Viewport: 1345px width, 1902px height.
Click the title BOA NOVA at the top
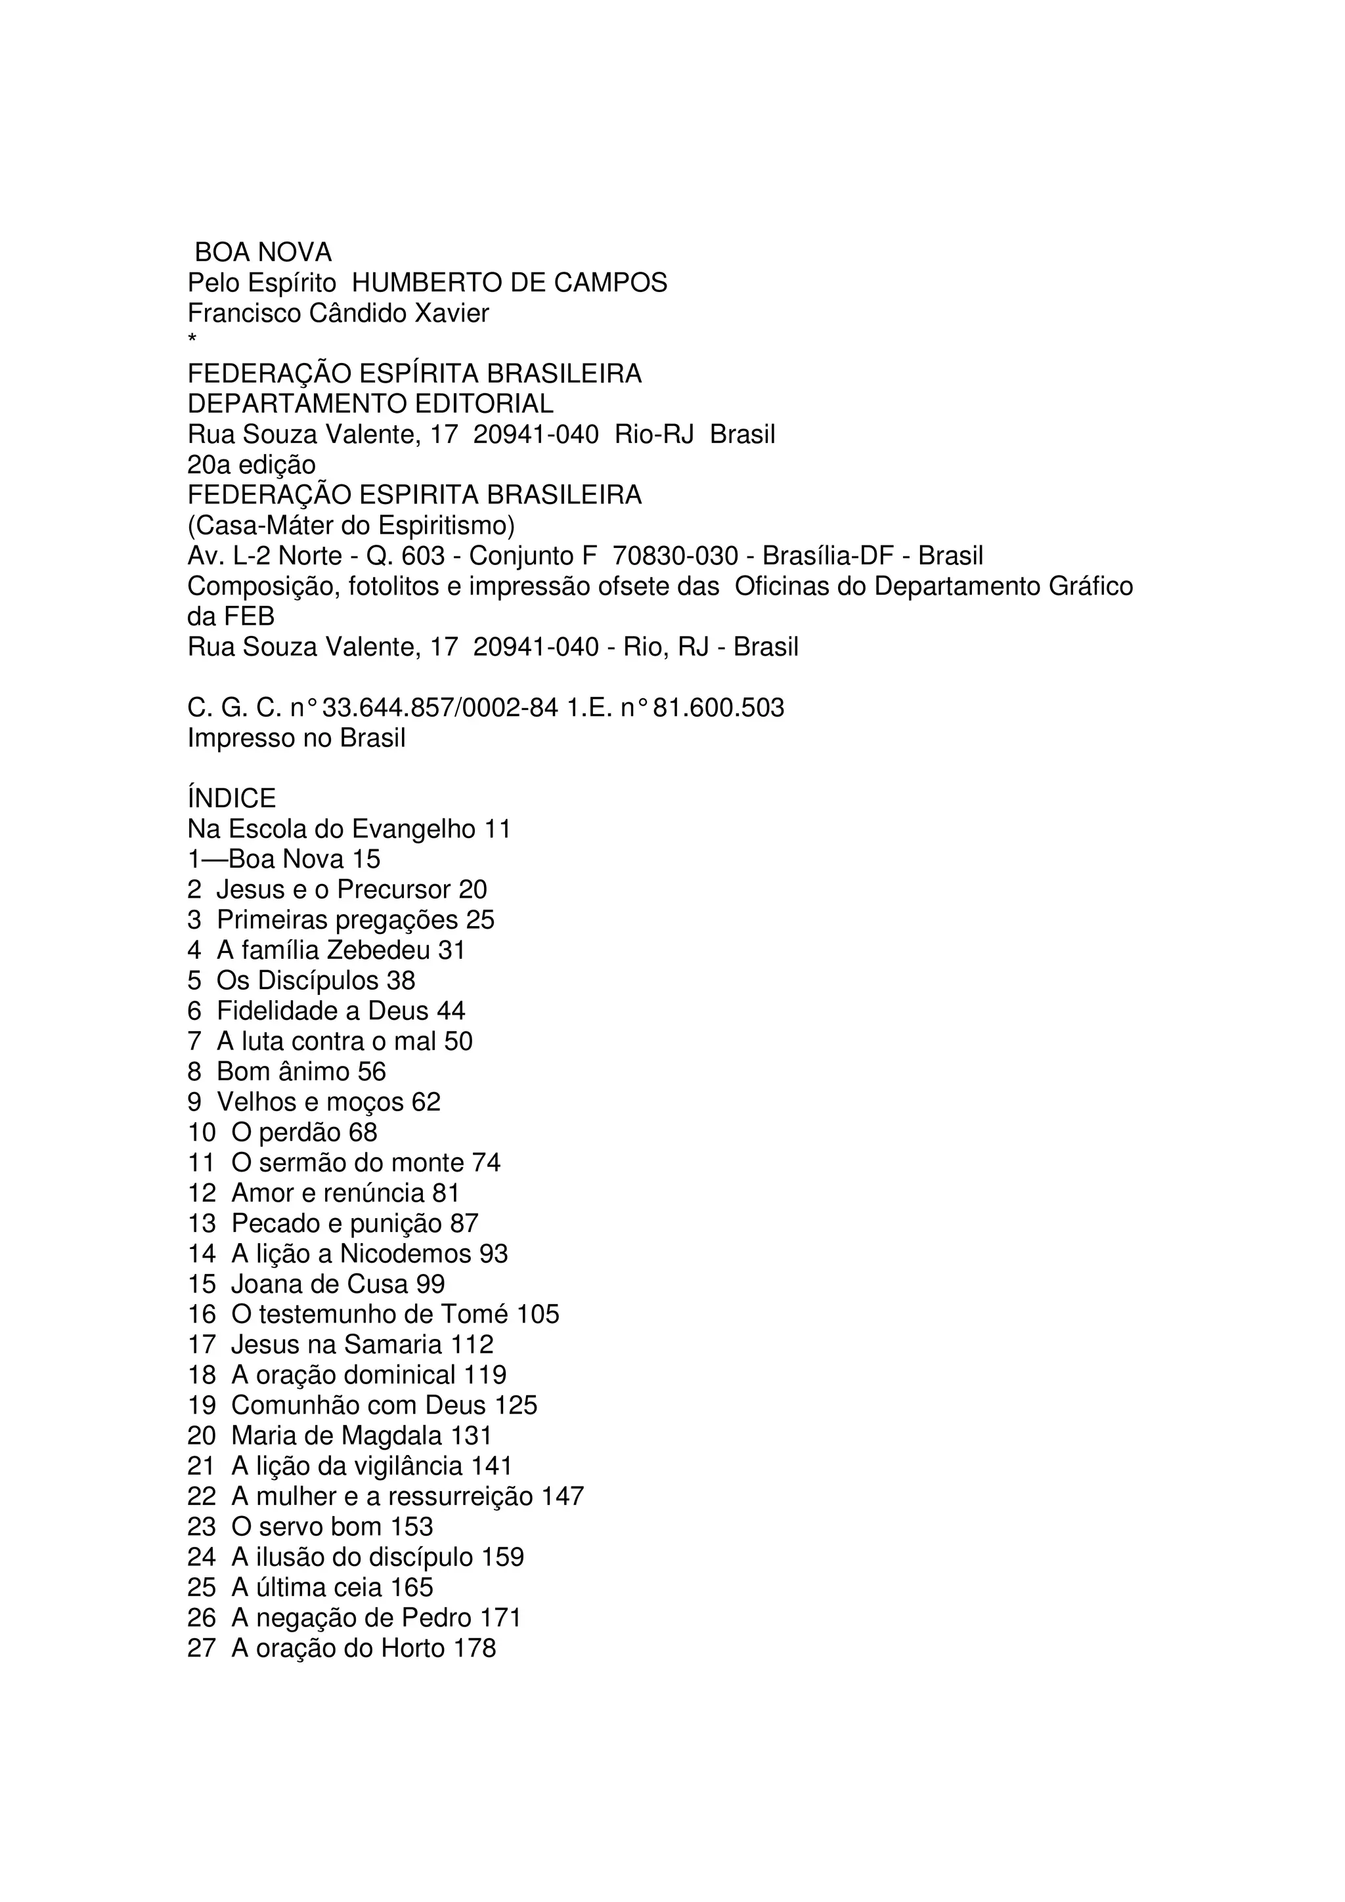pyautogui.click(x=263, y=252)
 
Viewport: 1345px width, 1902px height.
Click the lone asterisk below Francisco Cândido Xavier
pyautogui.click(x=192, y=339)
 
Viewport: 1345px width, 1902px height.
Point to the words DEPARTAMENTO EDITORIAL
pyautogui.click(x=370, y=404)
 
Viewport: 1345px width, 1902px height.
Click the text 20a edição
pyautogui.click(x=252, y=465)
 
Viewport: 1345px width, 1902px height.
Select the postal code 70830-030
pyautogui.click(x=674, y=555)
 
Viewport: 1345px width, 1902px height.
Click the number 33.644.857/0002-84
pyautogui.click(x=440, y=708)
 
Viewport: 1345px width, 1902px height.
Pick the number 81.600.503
pyautogui.click(x=718, y=708)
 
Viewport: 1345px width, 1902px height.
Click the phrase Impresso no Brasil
pyautogui.click(x=297, y=737)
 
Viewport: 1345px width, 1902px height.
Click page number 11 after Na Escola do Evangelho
pyautogui.click(x=497, y=828)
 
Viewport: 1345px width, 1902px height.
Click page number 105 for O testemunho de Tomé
pyautogui.click(x=538, y=1315)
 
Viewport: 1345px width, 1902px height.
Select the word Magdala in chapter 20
pyautogui.click(x=392, y=1435)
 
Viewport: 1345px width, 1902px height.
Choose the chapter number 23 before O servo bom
pyautogui.click(x=202, y=1527)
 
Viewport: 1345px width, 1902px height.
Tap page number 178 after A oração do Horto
pyautogui.click(x=474, y=1649)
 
